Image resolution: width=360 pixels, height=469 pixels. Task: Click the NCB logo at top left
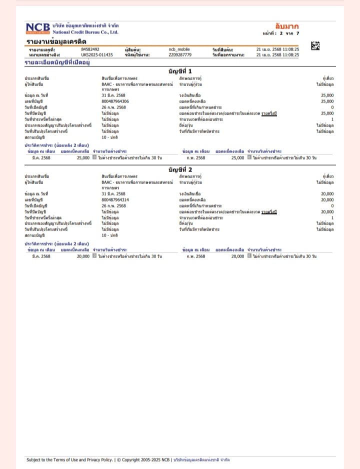[37, 28]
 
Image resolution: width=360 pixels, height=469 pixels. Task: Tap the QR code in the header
[315, 46]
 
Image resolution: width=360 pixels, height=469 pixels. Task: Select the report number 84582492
[90, 49]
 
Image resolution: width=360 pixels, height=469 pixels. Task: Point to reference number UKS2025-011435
[97, 54]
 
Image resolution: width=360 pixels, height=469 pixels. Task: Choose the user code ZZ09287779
[180, 54]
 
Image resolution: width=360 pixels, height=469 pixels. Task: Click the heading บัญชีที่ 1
[180, 71]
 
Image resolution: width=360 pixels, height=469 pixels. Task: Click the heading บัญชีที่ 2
[180, 169]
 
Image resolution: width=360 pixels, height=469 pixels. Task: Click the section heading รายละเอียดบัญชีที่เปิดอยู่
[57, 62]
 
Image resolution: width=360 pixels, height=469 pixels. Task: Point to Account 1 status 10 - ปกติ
[109, 136]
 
